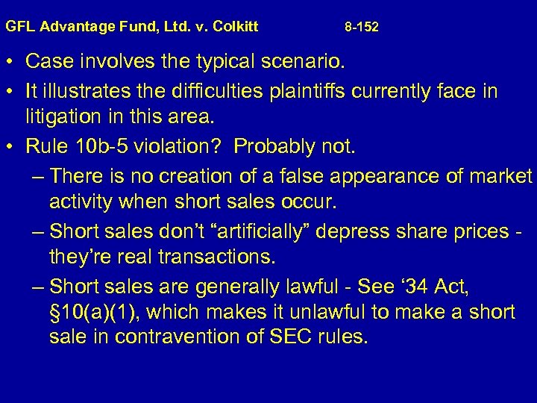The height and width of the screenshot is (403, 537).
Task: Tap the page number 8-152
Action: tap(362, 27)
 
